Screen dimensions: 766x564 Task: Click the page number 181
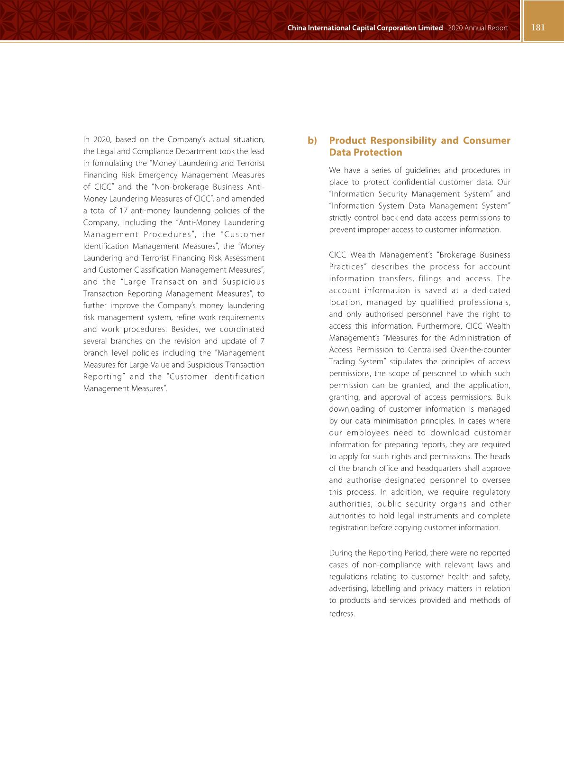pyautogui.click(x=538, y=28)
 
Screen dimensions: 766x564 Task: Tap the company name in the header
pyautogui.click(x=365, y=28)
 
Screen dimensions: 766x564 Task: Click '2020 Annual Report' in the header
pyautogui.click(x=477, y=28)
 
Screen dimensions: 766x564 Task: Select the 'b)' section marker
pyautogui.click(x=312, y=140)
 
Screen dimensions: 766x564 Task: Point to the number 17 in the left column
pyautogui.click(x=123, y=211)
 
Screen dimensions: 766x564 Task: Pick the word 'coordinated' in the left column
pyautogui.click(x=241, y=329)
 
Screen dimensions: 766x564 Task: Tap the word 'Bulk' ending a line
pyautogui.click(x=503, y=397)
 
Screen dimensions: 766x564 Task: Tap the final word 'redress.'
pyautogui.click(x=342, y=614)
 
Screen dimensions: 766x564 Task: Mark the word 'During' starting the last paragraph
pyautogui.click(x=340, y=553)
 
